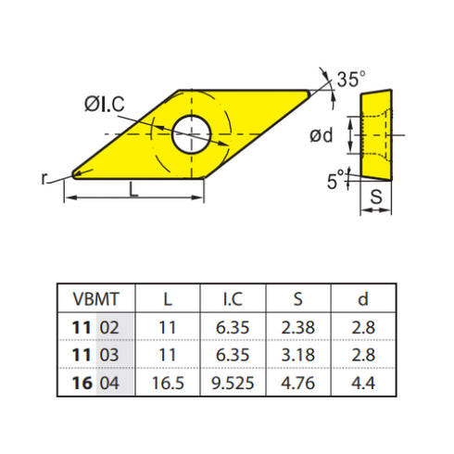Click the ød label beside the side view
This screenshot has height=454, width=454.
click(x=322, y=136)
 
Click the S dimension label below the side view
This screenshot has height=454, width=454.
click(x=376, y=196)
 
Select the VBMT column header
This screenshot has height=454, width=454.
click(x=95, y=299)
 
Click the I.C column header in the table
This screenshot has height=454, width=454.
click(x=233, y=299)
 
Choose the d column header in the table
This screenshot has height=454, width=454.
click(x=363, y=299)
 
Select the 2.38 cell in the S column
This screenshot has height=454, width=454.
click(x=298, y=326)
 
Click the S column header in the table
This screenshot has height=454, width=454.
click(x=298, y=299)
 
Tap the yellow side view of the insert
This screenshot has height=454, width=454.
click(x=376, y=134)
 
